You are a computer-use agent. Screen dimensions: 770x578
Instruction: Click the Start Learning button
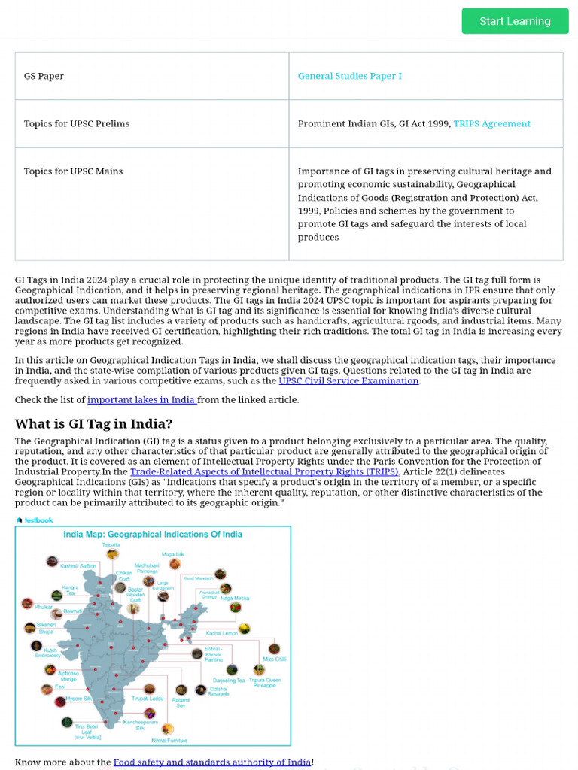click(x=515, y=21)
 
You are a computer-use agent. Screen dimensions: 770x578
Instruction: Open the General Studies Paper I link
click(x=349, y=76)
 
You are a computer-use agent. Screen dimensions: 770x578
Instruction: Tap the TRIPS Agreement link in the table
click(x=491, y=123)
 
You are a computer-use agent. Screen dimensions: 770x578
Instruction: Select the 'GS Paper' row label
click(x=44, y=76)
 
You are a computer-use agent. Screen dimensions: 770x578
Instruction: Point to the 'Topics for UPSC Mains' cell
click(x=73, y=171)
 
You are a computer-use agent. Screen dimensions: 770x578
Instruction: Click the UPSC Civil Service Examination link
click(x=348, y=380)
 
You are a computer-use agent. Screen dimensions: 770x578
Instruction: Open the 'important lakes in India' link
click(x=141, y=399)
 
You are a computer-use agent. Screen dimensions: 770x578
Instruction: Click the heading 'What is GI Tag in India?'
click(x=93, y=423)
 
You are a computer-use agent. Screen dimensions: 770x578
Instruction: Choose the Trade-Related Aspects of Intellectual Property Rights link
click(x=263, y=472)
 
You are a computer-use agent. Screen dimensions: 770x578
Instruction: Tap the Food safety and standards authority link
click(x=211, y=762)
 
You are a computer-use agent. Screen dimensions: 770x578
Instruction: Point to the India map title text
click(x=153, y=535)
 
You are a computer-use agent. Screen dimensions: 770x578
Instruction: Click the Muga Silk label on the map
click(x=172, y=554)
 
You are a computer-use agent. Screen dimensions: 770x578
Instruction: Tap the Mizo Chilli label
click(x=274, y=659)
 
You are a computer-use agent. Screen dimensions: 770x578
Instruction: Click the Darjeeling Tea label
click(x=230, y=681)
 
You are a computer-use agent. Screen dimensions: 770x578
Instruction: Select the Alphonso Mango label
click(x=68, y=676)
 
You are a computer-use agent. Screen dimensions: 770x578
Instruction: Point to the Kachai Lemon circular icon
click(x=245, y=628)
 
